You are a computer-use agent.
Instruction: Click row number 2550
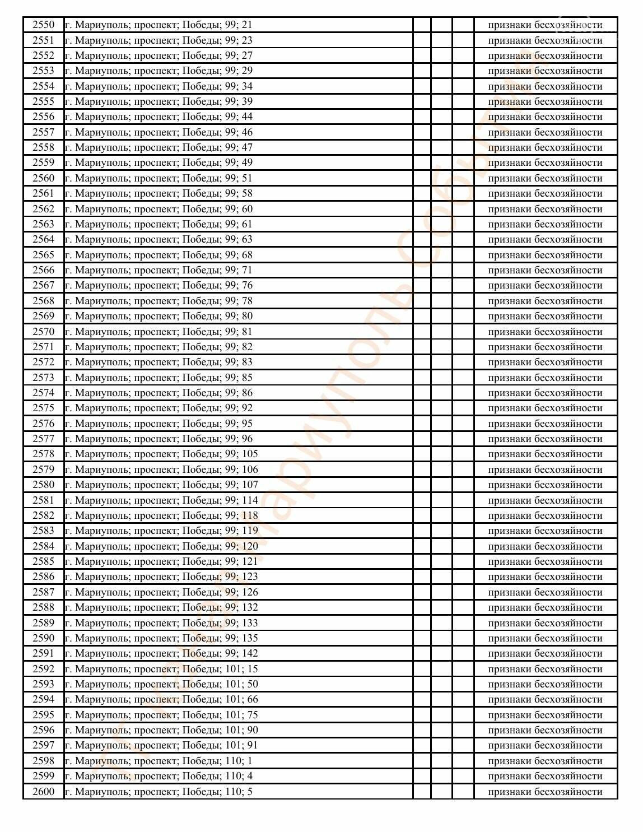[x=44, y=25]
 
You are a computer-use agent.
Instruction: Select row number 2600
[x=44, y=792]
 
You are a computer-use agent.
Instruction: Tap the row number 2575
[x=44, y=408]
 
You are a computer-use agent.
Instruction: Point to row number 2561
[x=44, y=193]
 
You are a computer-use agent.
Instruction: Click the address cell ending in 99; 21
[x=159, y=25]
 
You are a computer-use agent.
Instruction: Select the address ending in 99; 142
[x=161, y=653]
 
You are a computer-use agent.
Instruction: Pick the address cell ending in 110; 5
[x=159, y=792]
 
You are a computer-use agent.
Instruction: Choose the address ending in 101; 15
[x=161, y=669]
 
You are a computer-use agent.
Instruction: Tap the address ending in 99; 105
[x=161, y=454]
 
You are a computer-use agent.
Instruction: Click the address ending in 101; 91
[x=161, y=745]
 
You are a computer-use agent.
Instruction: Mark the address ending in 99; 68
[x=159, y=255]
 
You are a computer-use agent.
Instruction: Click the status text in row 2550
[x=545, y=25]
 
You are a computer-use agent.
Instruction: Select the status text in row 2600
[x=545, y=792]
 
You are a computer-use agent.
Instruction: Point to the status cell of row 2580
[x=545, y=485]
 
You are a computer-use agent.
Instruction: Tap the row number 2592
[x=44, y=669]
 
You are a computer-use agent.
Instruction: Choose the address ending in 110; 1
[x=159, y=761]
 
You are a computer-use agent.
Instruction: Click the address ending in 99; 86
[x=159, y=393]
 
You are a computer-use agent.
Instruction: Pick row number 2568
[x=44, y=301]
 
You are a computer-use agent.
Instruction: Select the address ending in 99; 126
[x=161, y=592]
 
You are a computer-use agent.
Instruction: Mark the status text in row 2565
[x=545, y=255]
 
